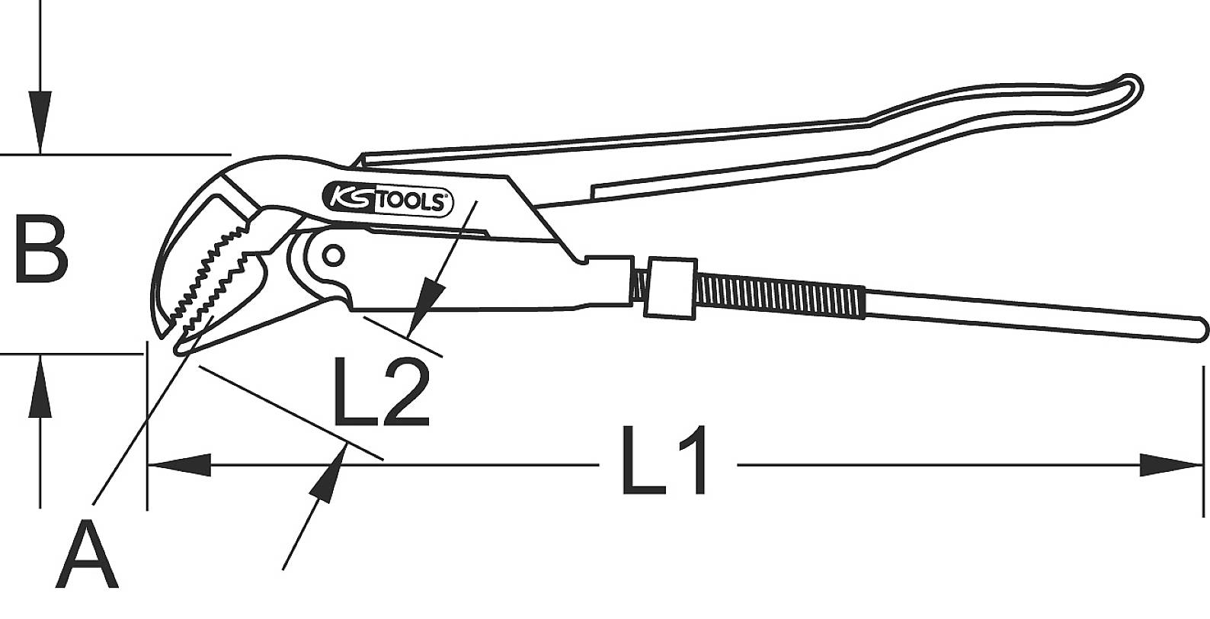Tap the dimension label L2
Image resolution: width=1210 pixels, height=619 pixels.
click(x=382, y=393)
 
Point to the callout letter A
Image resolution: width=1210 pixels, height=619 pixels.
click(x=90, y=554)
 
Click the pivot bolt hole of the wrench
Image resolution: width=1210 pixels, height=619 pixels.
click(x=332, y=254)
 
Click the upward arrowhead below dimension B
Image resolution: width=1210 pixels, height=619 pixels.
click(x=40, y=389)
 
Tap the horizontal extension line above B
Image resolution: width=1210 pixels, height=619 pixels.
click(x=114, y=154)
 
